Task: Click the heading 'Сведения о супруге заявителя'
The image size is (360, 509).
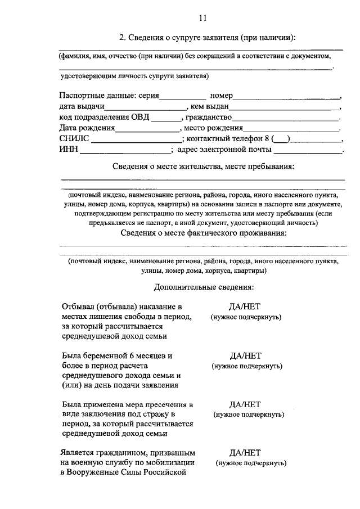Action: [206, 38]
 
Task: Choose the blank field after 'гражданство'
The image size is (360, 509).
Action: [286, 118]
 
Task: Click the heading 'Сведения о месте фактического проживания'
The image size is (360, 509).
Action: [206, 233]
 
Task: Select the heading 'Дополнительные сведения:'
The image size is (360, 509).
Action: [203, 287]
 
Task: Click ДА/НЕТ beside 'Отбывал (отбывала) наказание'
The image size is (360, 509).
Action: [246, 307]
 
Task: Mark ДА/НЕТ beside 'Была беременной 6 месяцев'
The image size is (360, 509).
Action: [246, 355]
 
